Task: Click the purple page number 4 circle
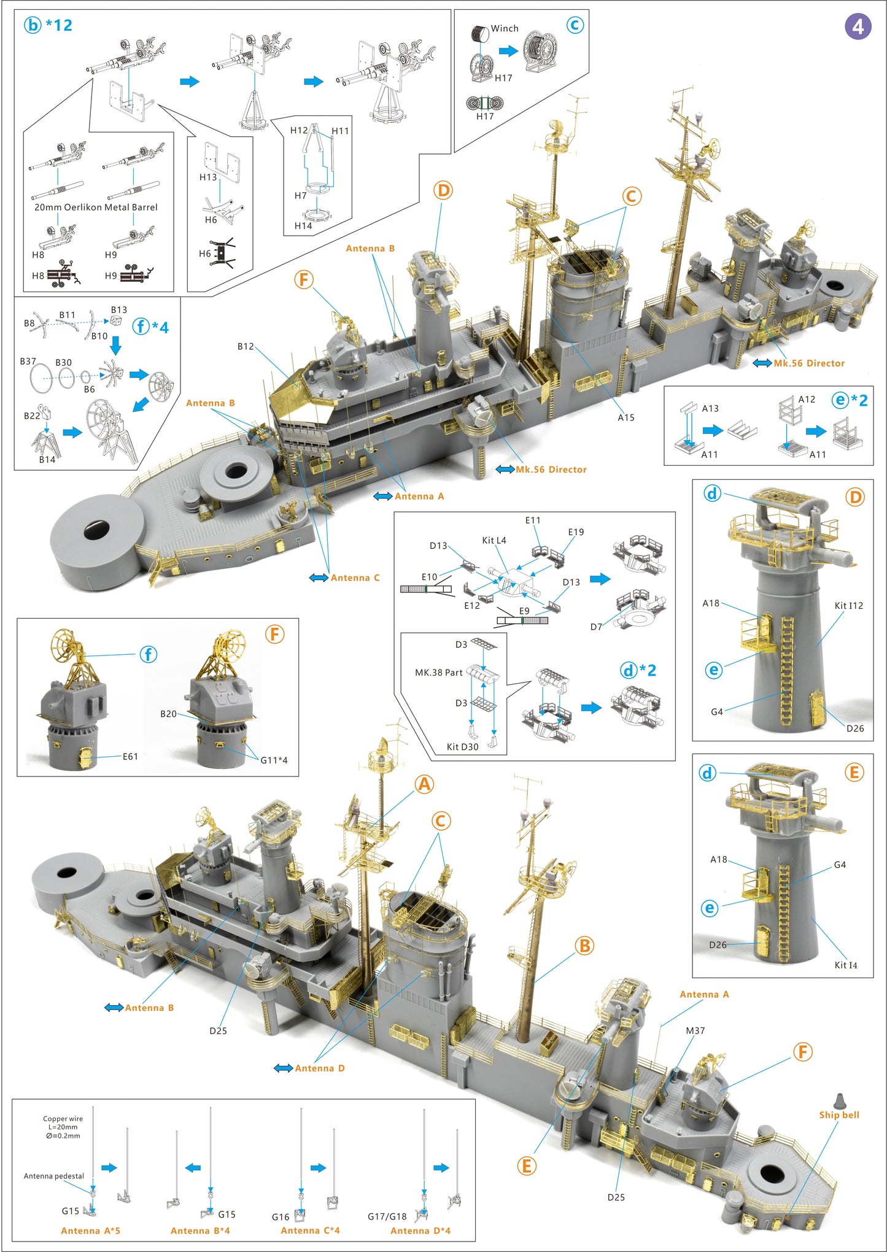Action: coord(858,26)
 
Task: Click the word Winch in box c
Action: coord(505,28)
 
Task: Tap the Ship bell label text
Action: coord(839,1115)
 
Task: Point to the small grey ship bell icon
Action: coord(839,1101)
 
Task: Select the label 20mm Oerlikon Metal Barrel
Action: coord(96,207)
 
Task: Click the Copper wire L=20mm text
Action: coord(63,1123)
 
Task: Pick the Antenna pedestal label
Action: coord(54,1176)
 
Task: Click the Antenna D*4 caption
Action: coord(420,1231)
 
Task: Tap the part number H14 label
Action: coord(303,226)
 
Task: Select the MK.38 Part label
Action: coord(438,673)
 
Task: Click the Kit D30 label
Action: coord(462,747)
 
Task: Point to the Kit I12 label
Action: coord(848,606)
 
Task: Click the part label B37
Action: coord(28,361)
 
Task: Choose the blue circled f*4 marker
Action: coord(150,327)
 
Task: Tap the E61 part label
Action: coord(130,757)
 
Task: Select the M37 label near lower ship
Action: coord(695,1030)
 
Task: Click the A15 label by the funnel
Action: coord(626,417)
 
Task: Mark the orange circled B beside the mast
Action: coord(584,946)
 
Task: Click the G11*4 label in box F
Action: coord(274,760)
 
